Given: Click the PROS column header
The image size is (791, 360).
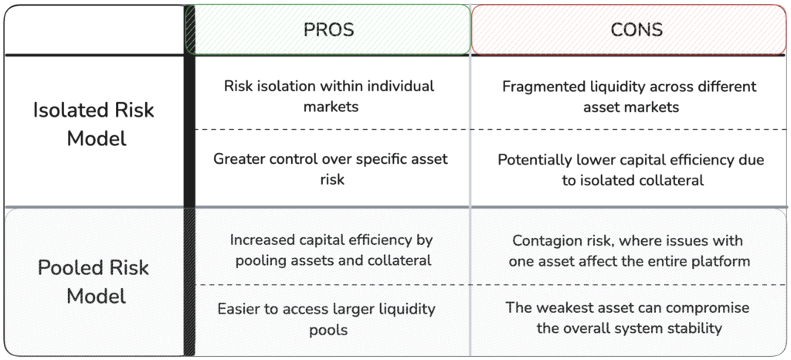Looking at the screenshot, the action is [x=328, y=30].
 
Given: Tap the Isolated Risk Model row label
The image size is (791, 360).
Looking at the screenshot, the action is [x=93, y=124].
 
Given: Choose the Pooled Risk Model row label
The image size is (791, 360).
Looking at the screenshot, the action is [x=93, y=281].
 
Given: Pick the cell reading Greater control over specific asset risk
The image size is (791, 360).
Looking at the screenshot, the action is [x=331, y=169].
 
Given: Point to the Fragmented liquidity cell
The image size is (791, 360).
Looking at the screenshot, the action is [x=630, y=97].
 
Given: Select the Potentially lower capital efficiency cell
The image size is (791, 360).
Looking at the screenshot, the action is [x=631, y=170].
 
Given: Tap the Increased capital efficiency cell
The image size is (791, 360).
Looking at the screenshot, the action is [x=331, y=250].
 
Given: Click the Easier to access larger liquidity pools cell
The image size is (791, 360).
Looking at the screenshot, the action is [x=327, y=318].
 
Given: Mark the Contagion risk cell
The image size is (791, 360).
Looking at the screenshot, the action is [x=629, y=250].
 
